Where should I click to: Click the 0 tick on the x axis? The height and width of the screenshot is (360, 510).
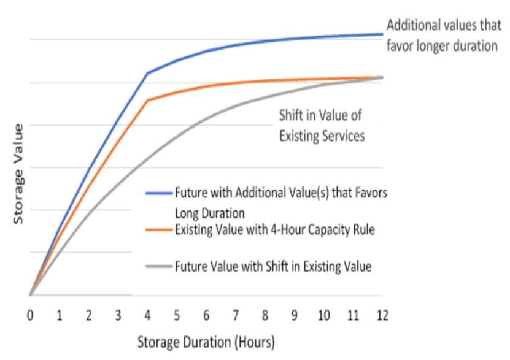point(30,315)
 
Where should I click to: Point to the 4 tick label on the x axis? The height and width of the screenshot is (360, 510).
point(148,315)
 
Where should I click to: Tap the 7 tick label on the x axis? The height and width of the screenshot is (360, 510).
point(236,315)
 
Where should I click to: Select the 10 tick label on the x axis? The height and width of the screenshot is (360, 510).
point(324,315)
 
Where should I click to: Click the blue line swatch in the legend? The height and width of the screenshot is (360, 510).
point(159,191)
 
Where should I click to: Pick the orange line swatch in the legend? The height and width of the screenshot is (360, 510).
point(159,231)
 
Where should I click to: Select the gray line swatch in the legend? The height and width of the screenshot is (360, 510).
point(159,266)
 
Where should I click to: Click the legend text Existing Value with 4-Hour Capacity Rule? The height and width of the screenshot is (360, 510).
point(274,231)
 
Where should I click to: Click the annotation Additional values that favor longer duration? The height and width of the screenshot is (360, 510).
point(442,36)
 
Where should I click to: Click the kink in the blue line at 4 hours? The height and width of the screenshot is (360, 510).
point(148,73)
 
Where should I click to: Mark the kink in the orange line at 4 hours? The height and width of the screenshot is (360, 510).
point(148,99)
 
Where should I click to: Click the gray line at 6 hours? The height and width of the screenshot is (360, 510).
point(207,117)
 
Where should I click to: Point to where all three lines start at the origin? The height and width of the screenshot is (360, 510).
point(30,295)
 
